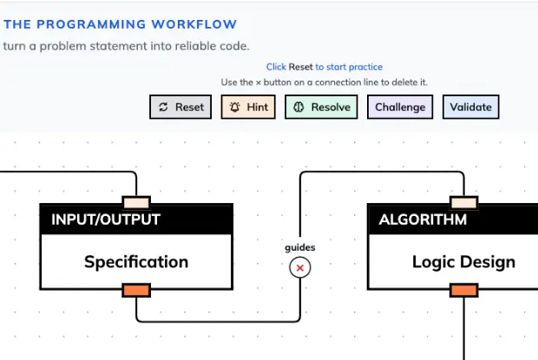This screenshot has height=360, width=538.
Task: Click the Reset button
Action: pyautogui.click(x=180, y=108)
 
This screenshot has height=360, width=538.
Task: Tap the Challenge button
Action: pyautogui.click(x=400, y=108)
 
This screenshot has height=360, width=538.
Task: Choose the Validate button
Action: pyautogui.click(x=471, y=108)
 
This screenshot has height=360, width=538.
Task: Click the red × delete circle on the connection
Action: pyautogui.click(x=300, y=269)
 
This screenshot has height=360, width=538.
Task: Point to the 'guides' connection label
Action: pyautogui.click(x=300, y=247)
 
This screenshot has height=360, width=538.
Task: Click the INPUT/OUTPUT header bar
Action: pyautogui.click(x=136, y=219)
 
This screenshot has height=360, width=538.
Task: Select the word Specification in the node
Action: pyautogui.click(x=136, y=261)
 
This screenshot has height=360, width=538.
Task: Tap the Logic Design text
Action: pyautogui.click(x=463, y=261)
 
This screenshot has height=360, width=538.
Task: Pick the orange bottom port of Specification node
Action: pyautogui.click(x=136, y=290)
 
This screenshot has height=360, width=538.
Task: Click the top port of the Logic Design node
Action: pyautogui.click(x=463, y=203)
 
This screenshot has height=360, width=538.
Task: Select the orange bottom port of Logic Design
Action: pyautogui.click(x=463, y=290)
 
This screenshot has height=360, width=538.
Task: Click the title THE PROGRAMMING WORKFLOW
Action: pyautogui.click(x=120, y=24)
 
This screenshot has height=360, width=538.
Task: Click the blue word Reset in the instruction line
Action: pyautogui.click(x=300, y=67)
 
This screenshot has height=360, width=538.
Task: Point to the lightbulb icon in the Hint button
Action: pyautogui.click(x=234, y=108)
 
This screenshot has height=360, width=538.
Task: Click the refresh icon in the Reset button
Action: pyautogui.click(x=163, y=108)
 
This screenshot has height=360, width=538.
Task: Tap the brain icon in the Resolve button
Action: pyautogui.click(x=298, y=108)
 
